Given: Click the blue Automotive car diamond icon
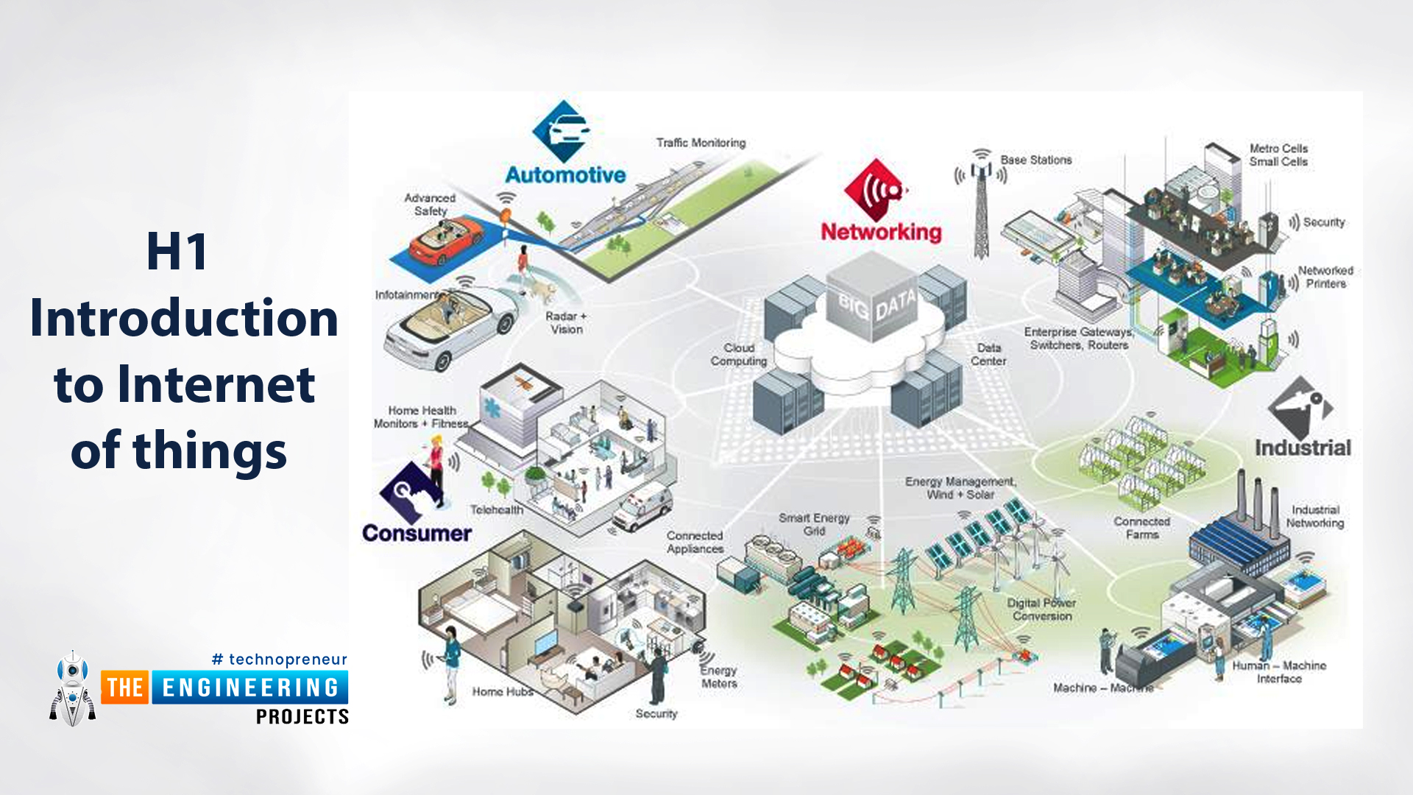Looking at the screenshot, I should (562, 131).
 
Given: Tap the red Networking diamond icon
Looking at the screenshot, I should (875, 190).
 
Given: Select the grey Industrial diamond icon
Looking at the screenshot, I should (1300, 407).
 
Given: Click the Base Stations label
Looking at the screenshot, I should (1035, 160).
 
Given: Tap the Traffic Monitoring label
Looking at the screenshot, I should (701, 143).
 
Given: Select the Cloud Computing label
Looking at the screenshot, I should (739, 354).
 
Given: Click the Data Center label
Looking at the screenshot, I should (988, 354).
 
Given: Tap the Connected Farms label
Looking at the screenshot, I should (1141, 528).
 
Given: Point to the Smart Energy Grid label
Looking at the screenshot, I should (814, 524).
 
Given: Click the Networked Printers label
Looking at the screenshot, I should (1325, 277).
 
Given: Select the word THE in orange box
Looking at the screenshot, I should (125, 688).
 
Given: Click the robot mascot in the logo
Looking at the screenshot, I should (72, 689).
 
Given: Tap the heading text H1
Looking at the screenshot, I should (177, 252).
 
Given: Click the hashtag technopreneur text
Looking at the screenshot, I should (280, 660).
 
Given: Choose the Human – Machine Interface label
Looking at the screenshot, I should (1279, 671).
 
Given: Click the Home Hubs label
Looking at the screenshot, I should (502, 692).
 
